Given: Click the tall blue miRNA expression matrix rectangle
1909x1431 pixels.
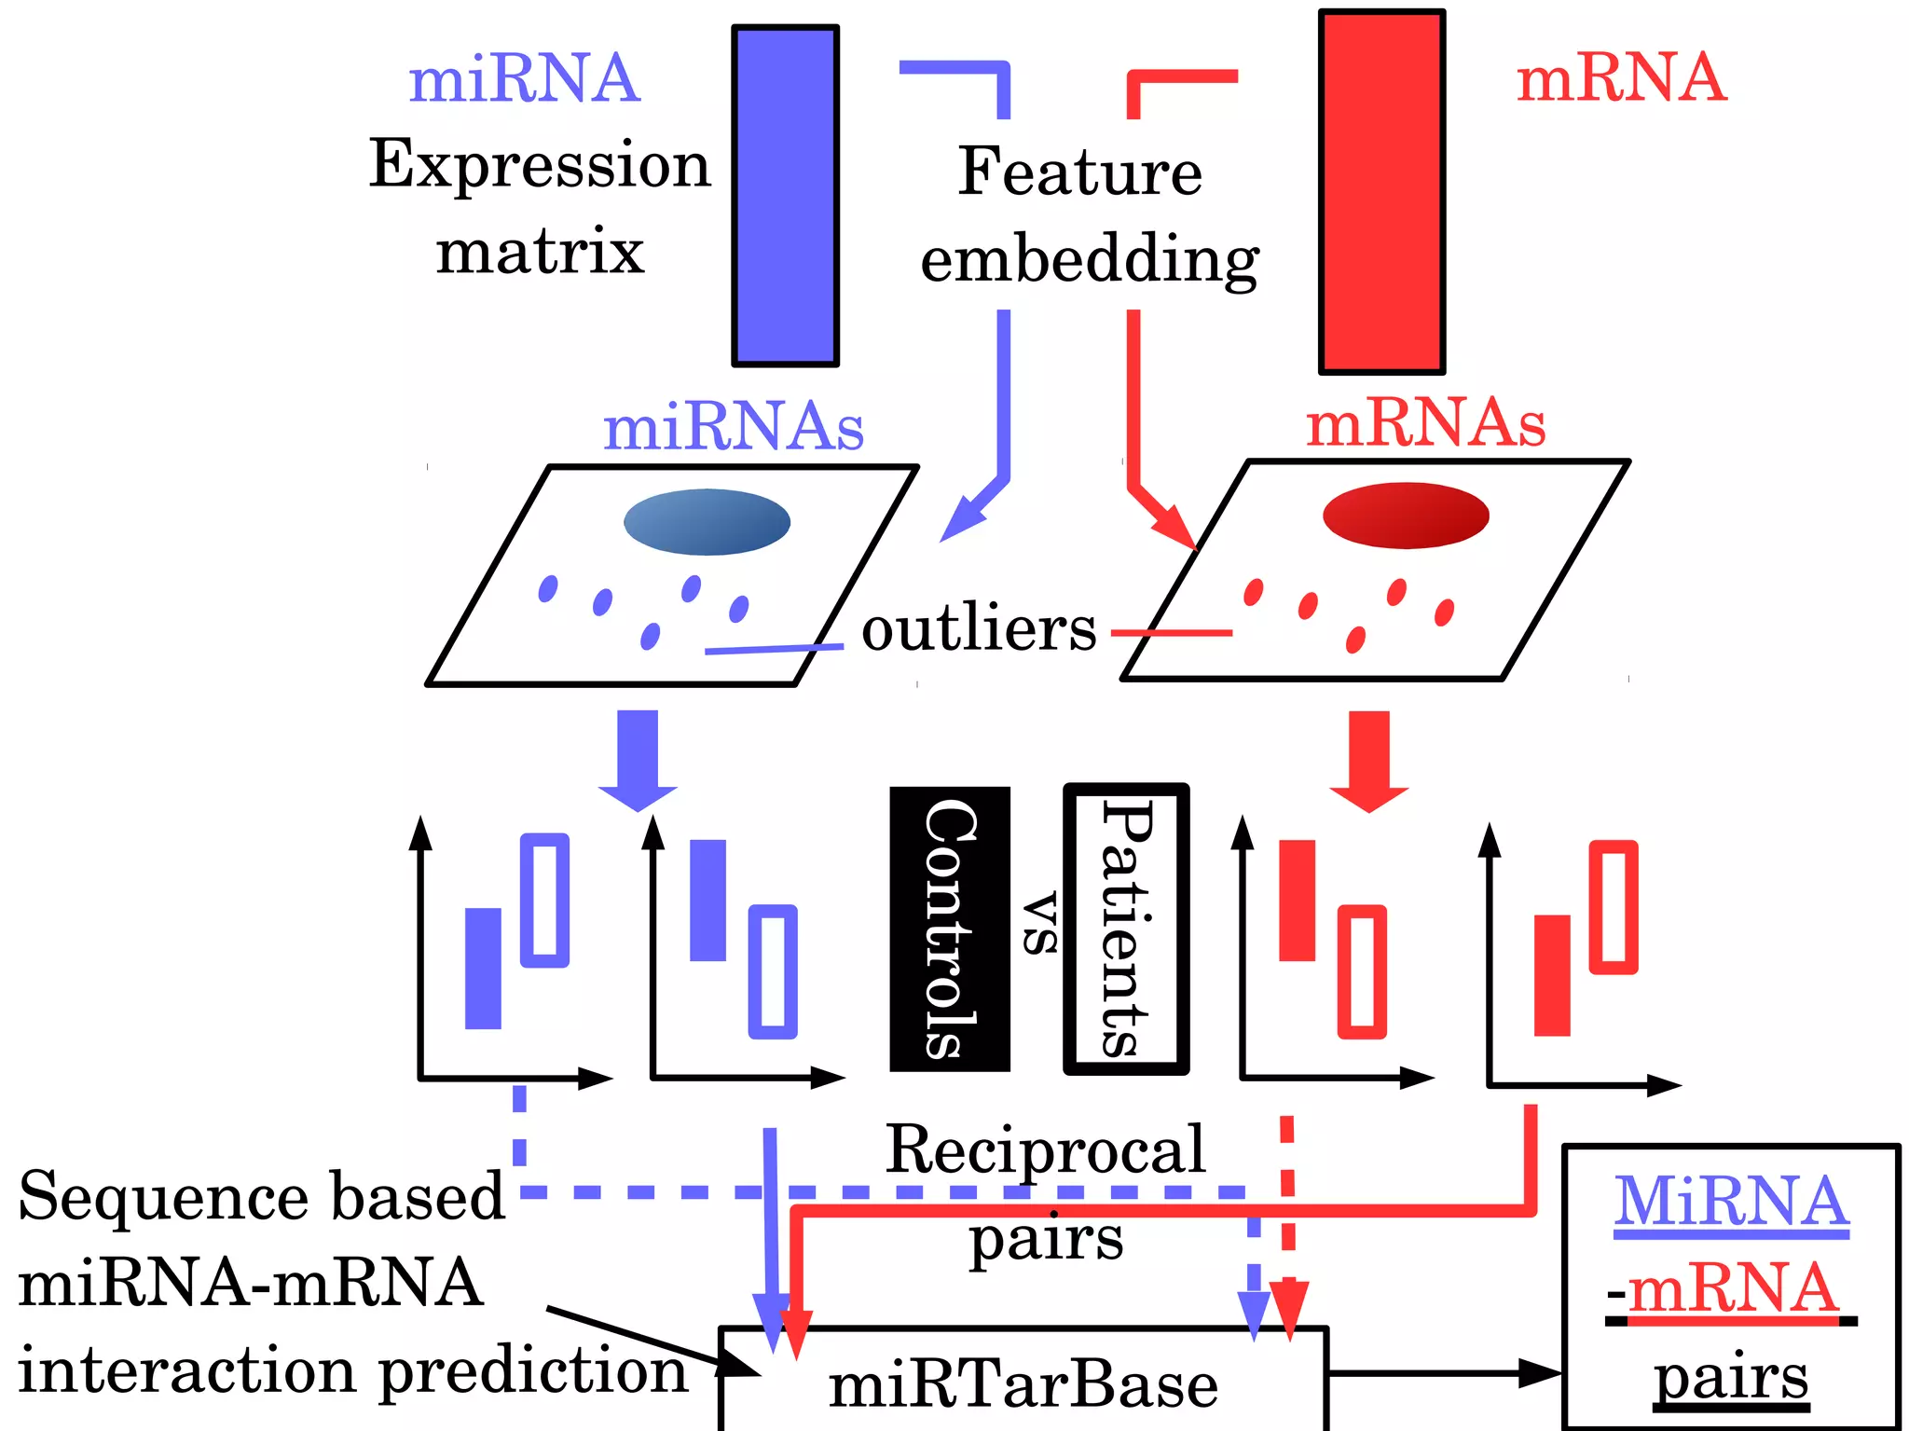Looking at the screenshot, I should click(x=785, y=196).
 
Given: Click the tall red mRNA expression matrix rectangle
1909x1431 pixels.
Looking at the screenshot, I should click(x=1381, y=192).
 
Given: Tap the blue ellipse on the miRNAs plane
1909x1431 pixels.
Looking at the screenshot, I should click(x=707, y=522).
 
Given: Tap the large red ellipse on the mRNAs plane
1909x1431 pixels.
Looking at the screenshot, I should click(x=1406, y=515).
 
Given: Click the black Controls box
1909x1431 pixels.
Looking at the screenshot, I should click(x=949, y=929).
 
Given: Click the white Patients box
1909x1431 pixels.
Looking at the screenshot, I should click(x=1126, y=929).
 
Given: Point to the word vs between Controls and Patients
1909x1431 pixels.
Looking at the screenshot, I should click(x=1039, y=923).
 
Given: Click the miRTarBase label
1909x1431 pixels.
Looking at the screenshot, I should click(x=1023, y=1385).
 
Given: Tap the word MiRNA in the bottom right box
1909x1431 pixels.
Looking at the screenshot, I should click(x=1731, y=1202).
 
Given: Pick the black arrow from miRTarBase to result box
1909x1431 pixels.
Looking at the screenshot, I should click(x=1445, y=1372).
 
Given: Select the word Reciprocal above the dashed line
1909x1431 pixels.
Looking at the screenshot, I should click(x=1045, y=1149).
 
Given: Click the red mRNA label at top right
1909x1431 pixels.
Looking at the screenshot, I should click(x=1621, y=77).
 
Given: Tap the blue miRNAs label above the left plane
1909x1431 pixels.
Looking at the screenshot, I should click(x=734, y=428).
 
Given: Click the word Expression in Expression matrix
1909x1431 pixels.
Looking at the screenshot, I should click(x=540, y=165).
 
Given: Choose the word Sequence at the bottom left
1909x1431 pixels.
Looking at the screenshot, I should click(x=162, y=1196).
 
